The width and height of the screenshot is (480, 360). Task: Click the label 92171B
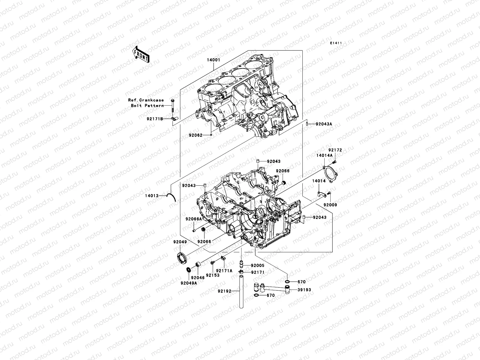(x=155, y=119)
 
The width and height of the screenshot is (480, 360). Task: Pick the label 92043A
(x=324, y=124)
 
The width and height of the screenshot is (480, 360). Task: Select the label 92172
(x=335, y=150)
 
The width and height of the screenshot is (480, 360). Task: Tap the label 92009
(x=330, y=205)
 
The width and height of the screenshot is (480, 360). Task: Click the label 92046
(x=197, y=278)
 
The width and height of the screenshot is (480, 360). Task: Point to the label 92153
(x=212, y=275)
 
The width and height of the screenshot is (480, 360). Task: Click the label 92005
(x=258, y=265)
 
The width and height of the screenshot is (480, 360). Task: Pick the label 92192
(x=225, y=291)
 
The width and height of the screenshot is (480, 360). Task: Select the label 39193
(x=304, y=290)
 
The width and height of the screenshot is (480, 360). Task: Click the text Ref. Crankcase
(x=146, y=100)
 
